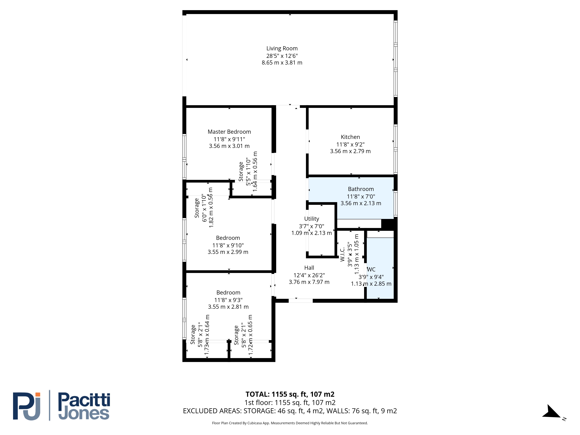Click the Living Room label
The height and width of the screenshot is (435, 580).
(282, 49)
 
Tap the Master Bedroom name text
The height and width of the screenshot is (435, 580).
(229, 132)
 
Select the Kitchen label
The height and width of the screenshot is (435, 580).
(350, 137)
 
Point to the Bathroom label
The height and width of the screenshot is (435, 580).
(361, 189)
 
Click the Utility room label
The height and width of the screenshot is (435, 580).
(311, 219)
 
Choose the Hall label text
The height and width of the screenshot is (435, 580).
(309, 268)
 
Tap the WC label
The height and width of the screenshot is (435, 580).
(371, 270)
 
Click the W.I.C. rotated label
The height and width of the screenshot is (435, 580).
(342, 254)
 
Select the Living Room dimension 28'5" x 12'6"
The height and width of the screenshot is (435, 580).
(282, 56)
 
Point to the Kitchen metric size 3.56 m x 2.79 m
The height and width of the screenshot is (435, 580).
(350, 151)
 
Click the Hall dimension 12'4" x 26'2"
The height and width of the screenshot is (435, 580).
(309, 275)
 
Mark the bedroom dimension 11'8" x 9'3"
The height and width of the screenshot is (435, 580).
(228, 300)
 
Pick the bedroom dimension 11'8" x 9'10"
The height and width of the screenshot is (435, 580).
(228, 245)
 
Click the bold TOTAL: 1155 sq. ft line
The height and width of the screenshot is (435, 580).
(290, 394)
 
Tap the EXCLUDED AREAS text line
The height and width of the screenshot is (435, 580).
(290, 411)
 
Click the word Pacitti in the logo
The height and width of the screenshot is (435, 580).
(84, 400)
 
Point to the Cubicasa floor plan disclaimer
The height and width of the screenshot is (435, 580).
(290, 423)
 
